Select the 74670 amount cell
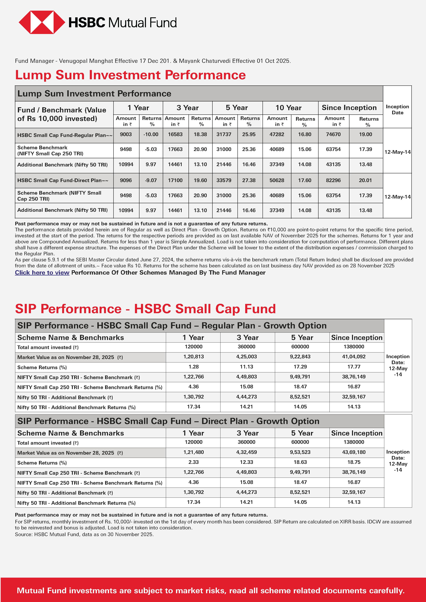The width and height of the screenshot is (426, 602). coord(333,135)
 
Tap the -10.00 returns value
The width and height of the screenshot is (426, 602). coord(151,135)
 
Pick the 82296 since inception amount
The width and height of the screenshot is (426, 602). coord(333,180)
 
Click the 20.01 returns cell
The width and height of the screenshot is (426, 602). coord(365,180)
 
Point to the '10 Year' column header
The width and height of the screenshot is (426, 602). coord(288,108)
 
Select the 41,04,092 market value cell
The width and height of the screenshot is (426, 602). coord(354,357)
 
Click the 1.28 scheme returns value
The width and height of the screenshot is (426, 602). coord(193,367)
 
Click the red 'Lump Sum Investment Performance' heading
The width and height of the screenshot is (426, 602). coord(130,75)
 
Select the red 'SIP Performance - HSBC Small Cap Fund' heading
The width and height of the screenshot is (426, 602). coord(145,309)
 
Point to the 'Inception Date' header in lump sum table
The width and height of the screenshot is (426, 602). coord(397,110)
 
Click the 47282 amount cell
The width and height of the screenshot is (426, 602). coord(277,135)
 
